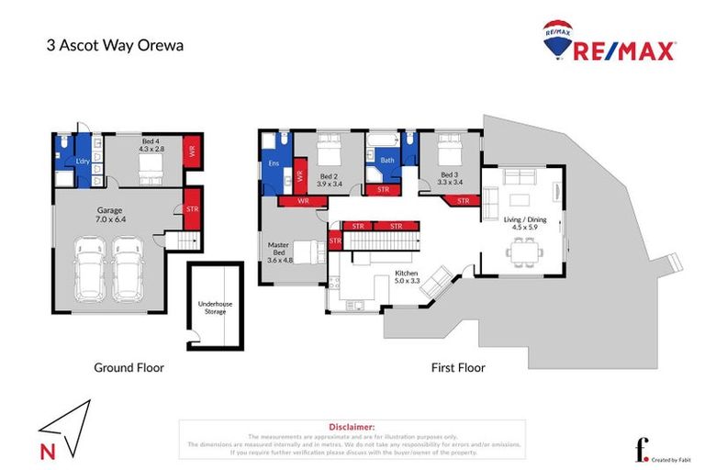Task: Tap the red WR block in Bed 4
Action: pyautogui.click(x=192, y=151)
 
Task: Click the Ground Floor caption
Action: pyautogui.click(x=129, y=368)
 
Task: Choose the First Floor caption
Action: pyautogui.click(x=458, y=368)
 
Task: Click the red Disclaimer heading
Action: pyautogui.click(x=352, y=427)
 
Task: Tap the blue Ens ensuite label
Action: pyautogui.click(x=273, y=163)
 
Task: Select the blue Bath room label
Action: pyautogui.click(x=386, y=160)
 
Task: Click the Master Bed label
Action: pyautogui.click(x=279, y=252)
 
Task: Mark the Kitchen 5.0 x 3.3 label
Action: pyautogui.click(x=408, y=278)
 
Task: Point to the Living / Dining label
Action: pyautogui.click(x=524, y=219)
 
